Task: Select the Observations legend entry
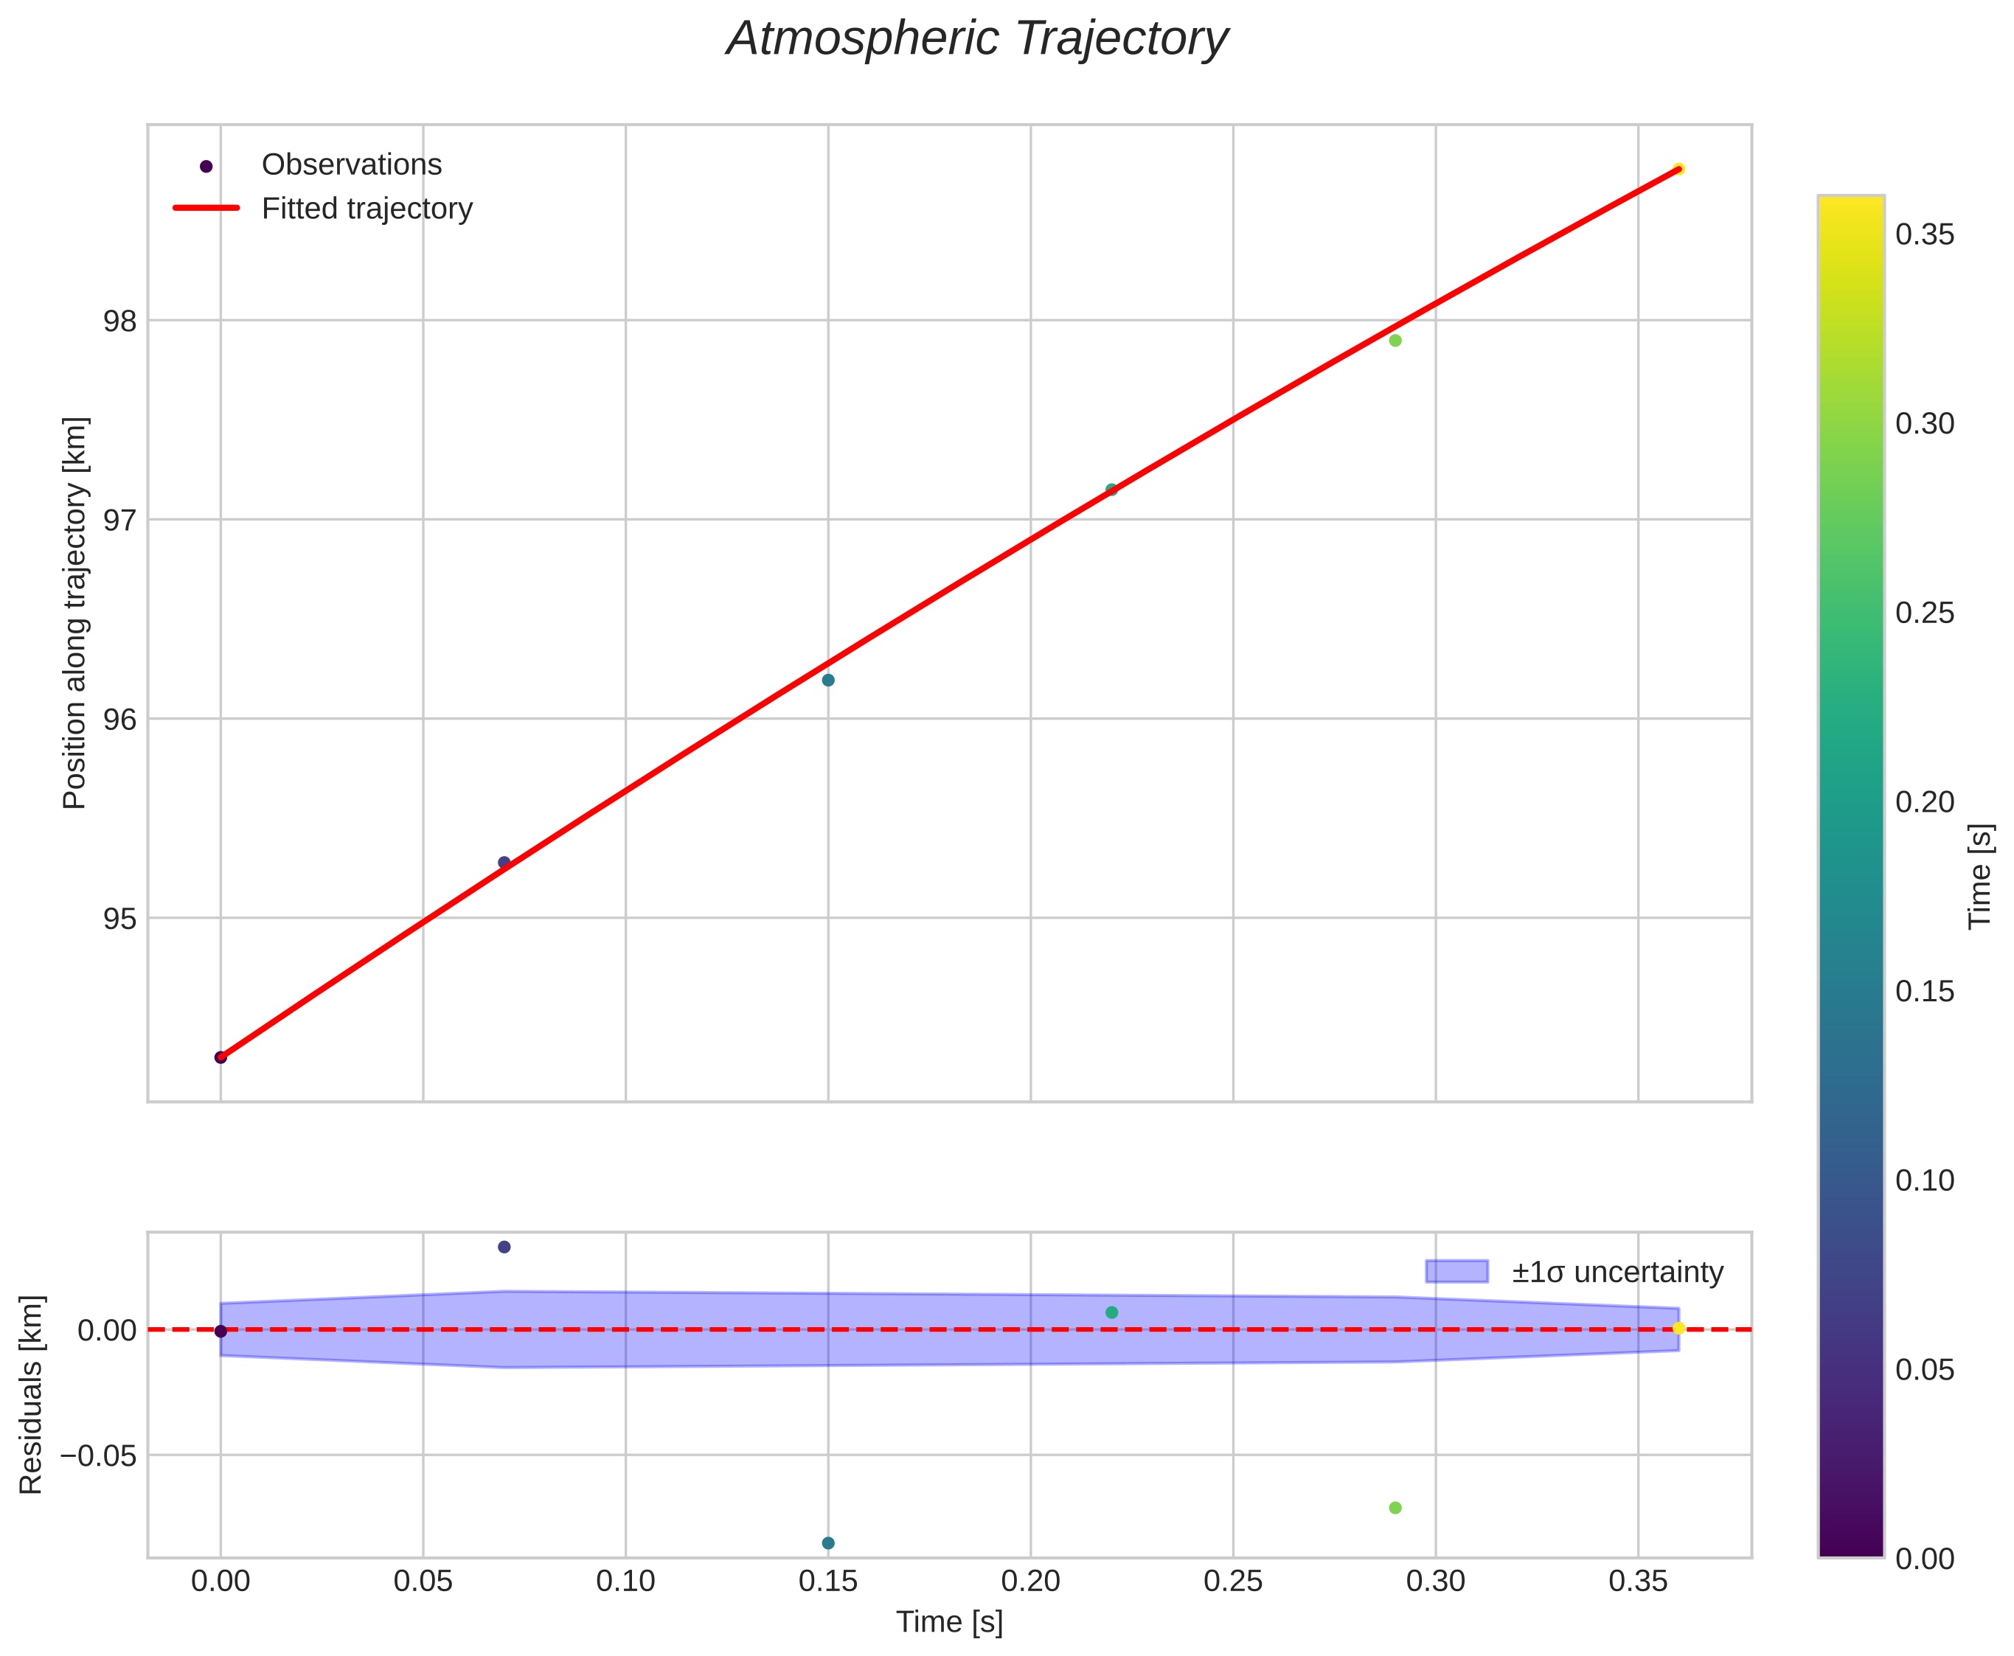351,165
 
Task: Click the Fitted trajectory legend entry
367,208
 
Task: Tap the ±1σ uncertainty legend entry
1617,1272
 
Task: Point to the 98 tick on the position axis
120,321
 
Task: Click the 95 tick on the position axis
120,919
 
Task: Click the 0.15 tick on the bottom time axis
828,1582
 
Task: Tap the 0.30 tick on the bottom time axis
1435,1582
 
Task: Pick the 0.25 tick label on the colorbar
1924,613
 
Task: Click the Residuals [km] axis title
32,1395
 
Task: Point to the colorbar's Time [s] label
1982,876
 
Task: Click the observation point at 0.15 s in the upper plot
828,680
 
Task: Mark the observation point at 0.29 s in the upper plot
1395,341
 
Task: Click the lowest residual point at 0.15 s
828,1543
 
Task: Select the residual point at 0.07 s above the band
504,1247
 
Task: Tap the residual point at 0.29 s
1395,1508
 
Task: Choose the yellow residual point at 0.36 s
1678,1328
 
